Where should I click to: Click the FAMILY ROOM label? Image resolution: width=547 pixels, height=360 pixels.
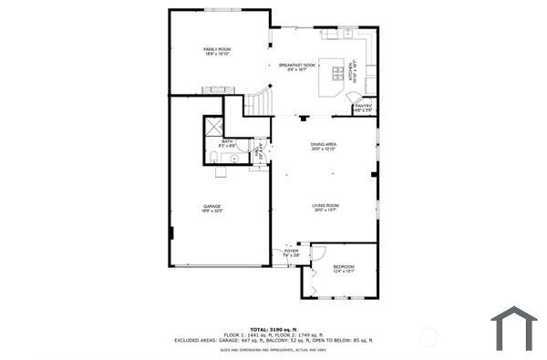click(x=216, y=48)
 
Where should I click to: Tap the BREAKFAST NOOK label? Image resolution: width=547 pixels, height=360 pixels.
click(x=297, y=65)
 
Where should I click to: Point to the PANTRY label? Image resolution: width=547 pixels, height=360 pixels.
click(x=363, y=106)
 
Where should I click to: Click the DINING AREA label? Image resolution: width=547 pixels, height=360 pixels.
click(x=325, y=145)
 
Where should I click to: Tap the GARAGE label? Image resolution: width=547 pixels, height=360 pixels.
click(x=212, y=207)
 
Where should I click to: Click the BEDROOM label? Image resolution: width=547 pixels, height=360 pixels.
click(x=343, y=266)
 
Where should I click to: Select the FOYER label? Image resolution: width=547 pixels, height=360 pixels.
click(x=291, y=252)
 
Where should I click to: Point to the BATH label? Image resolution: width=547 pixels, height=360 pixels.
click(x=227, y=141)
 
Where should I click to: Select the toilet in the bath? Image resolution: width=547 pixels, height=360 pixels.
click(x=211, y=161)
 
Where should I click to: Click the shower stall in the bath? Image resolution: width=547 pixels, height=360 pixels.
click(x=213, y=126)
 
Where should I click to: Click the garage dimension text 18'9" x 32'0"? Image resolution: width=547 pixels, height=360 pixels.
click(x=212, y=211)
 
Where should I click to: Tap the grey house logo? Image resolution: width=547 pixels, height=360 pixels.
click(x=514, y=328)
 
